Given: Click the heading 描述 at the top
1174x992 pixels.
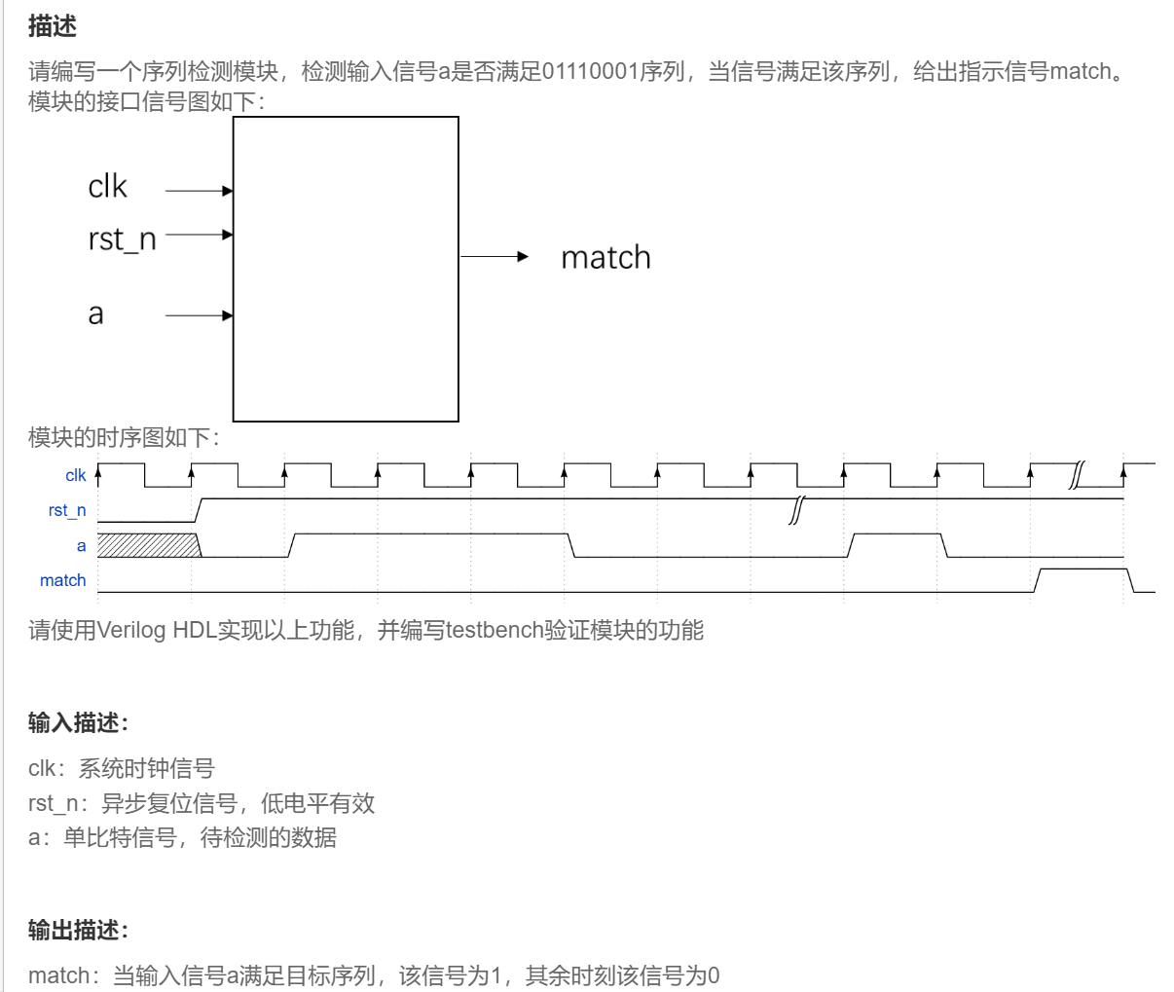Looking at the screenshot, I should [x=53, y=26].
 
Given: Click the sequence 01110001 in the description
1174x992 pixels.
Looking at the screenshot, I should [x=590, y=71].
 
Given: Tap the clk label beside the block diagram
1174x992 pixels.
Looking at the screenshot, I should [x=107, y=187].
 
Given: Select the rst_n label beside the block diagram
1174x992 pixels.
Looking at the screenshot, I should [x=122, y=239].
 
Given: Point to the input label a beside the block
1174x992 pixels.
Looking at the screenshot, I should [x=95, y=314].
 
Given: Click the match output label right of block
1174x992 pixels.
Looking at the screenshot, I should [x=605, y=258].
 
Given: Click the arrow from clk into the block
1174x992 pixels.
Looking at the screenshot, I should [x=200, y=191].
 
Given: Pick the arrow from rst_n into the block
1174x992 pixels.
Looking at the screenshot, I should [x=200, y=235].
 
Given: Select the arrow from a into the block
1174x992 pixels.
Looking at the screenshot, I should [x=200, y=315].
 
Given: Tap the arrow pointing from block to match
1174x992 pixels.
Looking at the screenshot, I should [x=494, y=257].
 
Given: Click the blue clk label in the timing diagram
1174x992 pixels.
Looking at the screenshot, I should [x=76, y=475].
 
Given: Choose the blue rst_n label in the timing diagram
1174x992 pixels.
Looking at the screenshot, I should [x=67, y=510].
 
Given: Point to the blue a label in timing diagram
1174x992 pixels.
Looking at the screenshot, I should [x=82, y=545].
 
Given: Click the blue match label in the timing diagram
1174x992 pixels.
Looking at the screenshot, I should [x=63, y=580].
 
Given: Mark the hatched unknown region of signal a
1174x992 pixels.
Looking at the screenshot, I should [x=148, y=545].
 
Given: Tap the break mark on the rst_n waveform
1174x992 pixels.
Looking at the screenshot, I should [x=795, y=509].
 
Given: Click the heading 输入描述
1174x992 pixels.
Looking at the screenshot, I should [x=78, y=722].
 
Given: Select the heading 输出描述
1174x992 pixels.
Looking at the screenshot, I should [x=78, y=930].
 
